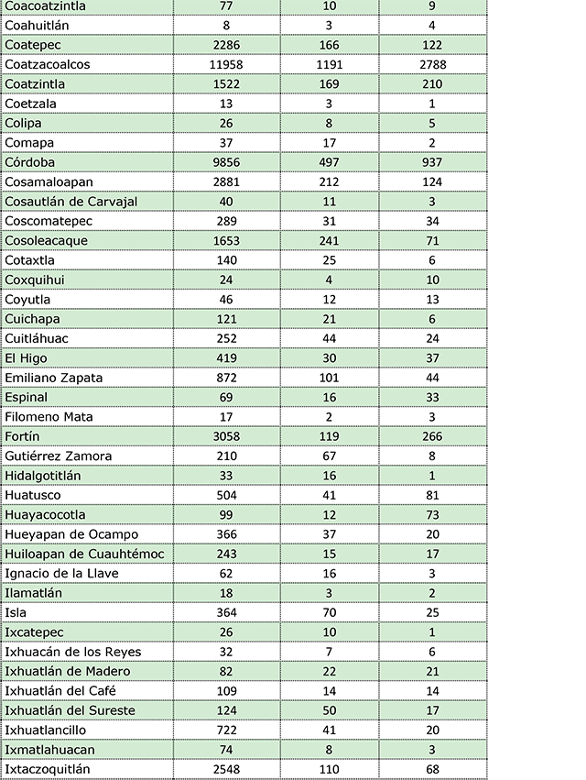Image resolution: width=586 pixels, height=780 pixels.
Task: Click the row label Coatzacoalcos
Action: point(52,64)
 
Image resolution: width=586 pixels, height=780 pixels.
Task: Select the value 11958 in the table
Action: point(225,64)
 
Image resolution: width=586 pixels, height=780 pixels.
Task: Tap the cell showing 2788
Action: point(431,64)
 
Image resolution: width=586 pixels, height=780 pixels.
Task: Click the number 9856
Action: point(225,162)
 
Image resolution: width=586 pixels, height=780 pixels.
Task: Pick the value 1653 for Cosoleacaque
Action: point(225,240)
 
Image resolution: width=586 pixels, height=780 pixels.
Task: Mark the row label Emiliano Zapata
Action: point(53,378)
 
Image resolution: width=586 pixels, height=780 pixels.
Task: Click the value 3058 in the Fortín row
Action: point(225,436)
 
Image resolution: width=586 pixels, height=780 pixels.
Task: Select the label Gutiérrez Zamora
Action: point(59,456)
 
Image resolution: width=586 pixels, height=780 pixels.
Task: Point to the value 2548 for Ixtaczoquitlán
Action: point(225,769)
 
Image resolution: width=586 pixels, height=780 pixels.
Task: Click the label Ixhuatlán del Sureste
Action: point(70,710)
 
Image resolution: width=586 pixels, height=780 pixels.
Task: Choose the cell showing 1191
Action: point(329,64)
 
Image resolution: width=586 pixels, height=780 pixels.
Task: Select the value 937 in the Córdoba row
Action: point(431,162)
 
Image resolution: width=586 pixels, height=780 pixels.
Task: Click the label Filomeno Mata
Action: point(49,417)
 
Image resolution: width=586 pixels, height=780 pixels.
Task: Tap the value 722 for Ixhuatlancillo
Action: point(225,730)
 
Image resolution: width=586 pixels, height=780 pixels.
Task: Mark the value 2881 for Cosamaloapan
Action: point(225,181)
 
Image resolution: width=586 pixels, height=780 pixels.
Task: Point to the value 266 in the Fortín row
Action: point(431,436)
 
